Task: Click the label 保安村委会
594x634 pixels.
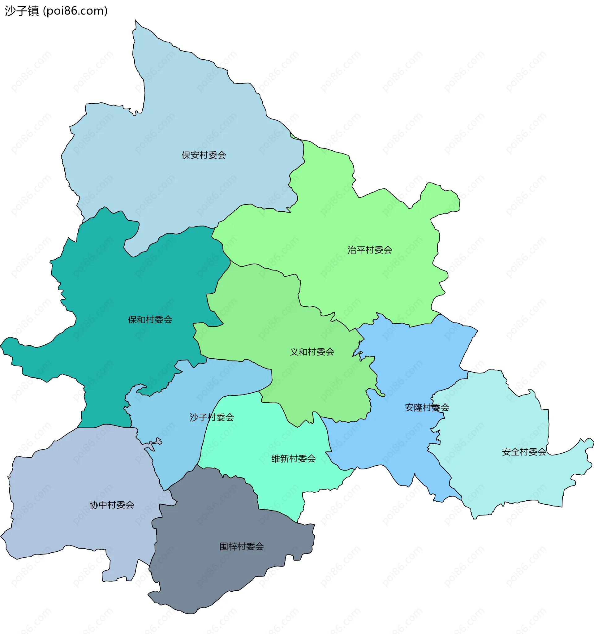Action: (204, 155)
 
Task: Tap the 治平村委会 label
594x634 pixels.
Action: (370, 250)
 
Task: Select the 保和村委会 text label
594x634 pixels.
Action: (150, 320)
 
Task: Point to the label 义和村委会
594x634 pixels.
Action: (312, 352)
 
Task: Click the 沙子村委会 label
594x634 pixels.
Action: (212, 417)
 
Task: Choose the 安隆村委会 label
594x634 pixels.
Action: (427, 407)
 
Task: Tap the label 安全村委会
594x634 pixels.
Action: (524, 452)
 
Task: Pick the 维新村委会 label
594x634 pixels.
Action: (293, 459)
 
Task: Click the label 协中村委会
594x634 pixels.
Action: (112, 505)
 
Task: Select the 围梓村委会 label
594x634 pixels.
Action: (242, 547)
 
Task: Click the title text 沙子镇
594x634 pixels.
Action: (22, 11)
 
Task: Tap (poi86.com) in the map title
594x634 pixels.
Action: (75, 11)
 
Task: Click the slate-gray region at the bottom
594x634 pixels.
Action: (223, 574)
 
